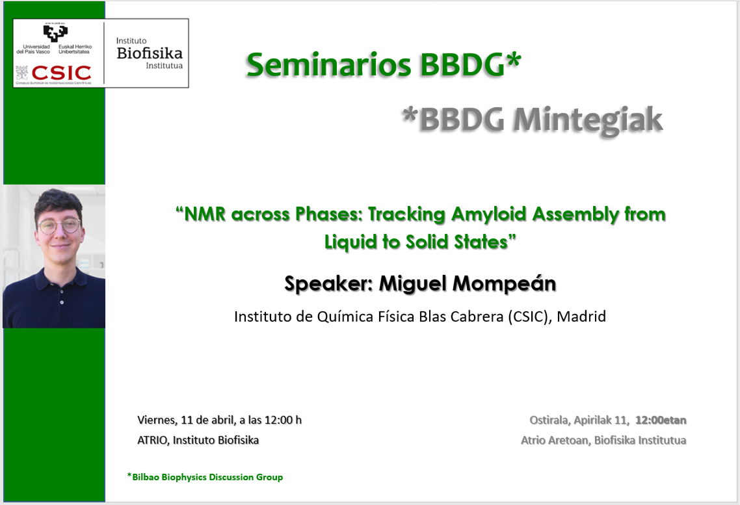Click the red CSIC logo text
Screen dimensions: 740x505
[x=61, y=73]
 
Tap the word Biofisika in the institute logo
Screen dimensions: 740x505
[x=150, y=53]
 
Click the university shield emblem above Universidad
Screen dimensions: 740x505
[x=55, y=33]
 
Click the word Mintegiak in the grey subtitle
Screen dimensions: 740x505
[x=588, y=120]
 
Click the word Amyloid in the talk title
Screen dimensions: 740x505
[x=488, y=214]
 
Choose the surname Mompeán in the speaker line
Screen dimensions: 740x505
[x=504, y=283]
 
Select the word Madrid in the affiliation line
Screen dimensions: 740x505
[x=581, y=317]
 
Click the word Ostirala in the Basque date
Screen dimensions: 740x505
[x=549, y=420]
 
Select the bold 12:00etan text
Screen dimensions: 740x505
[x=661, y=420]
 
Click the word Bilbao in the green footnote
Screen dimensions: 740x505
[x=146, y=477]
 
